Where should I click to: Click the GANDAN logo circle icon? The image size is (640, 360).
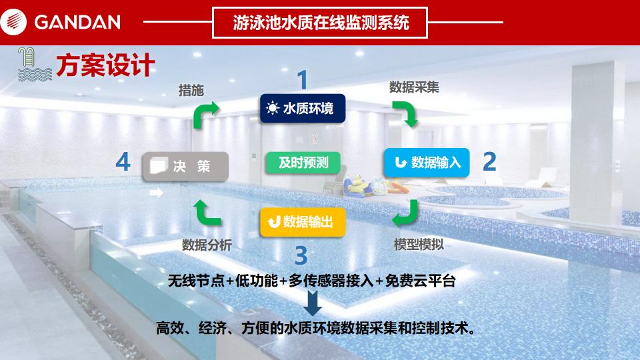[13, 22]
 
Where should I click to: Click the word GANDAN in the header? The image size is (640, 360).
[77, 22]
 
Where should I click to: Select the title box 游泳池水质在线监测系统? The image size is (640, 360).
[320, 23]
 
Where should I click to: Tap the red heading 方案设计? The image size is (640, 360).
[105, 65]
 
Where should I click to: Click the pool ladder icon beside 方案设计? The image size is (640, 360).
[34, 64]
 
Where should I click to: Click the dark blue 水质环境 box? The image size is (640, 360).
[303, 108]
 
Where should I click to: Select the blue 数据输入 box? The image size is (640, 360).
[427, 163]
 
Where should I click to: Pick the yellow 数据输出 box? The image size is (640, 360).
[303, 221]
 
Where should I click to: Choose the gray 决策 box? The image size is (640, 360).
[185, 166]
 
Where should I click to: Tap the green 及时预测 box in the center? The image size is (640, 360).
[303, 163]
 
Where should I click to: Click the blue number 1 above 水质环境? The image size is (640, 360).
[303, 79]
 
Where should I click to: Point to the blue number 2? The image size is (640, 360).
[489, 162]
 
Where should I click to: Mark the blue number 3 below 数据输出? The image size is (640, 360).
[301, 255]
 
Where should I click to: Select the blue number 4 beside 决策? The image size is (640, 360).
[123, 161]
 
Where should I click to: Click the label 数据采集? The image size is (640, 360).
[414, 87]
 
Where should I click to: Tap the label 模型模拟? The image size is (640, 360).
[419, 245]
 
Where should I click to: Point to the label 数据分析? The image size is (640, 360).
[207, 245]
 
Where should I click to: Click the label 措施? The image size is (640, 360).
[191, 90]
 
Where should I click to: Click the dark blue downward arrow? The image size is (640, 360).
[313, 303]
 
